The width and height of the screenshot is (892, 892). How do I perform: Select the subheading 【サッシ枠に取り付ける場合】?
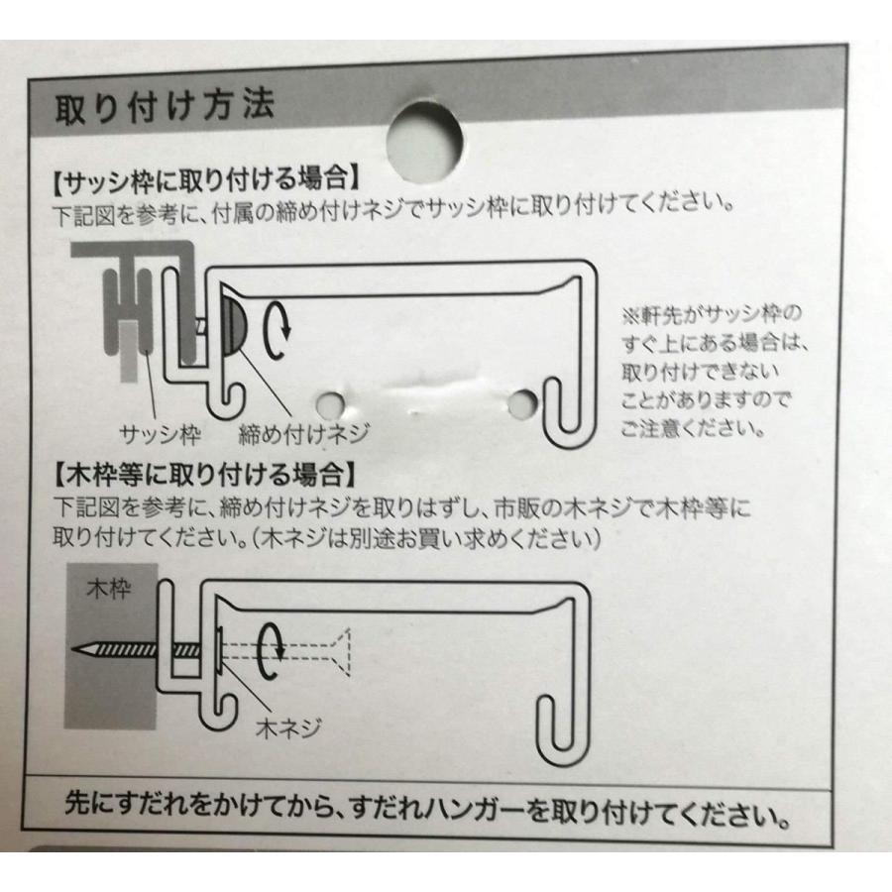tap(203, 181)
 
